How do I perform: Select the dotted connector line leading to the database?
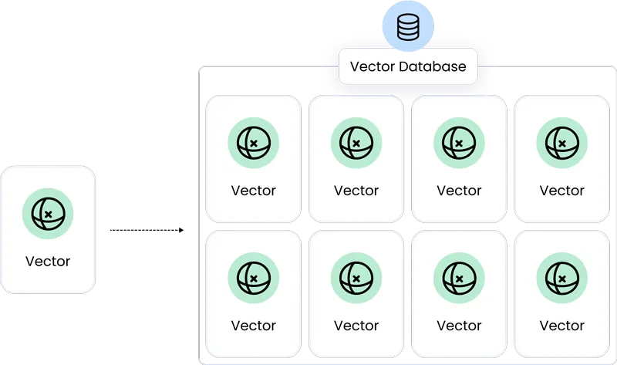pyautogui.click(x=145, y=229)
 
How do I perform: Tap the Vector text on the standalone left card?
pyautogui.click(x=48, y=261)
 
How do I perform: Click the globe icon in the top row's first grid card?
pyautogui.click(x=253, y=144)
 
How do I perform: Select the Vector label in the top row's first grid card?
pyautogui.click(x=253, y=191)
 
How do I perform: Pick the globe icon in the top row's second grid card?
pyautogui.click(x=356, y=144)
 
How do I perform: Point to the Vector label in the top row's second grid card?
pyautogui.click(x=356, y=191)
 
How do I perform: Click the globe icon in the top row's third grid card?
pyautogui.click(x=459, y=144)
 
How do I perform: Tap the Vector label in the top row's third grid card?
pyautogui.click(x=459, y=191)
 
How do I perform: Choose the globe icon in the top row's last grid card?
pyautogui.click(x=561, y=144)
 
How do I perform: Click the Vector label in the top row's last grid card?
pyautogui.click(x=561, y=191)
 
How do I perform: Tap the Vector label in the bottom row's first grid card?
pyautogui.click(x=253, y=326)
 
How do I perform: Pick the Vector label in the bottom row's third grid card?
pyautogui.click(x=459, y=326)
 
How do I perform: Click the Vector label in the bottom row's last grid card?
pyautogui.click(x=561, y=326)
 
